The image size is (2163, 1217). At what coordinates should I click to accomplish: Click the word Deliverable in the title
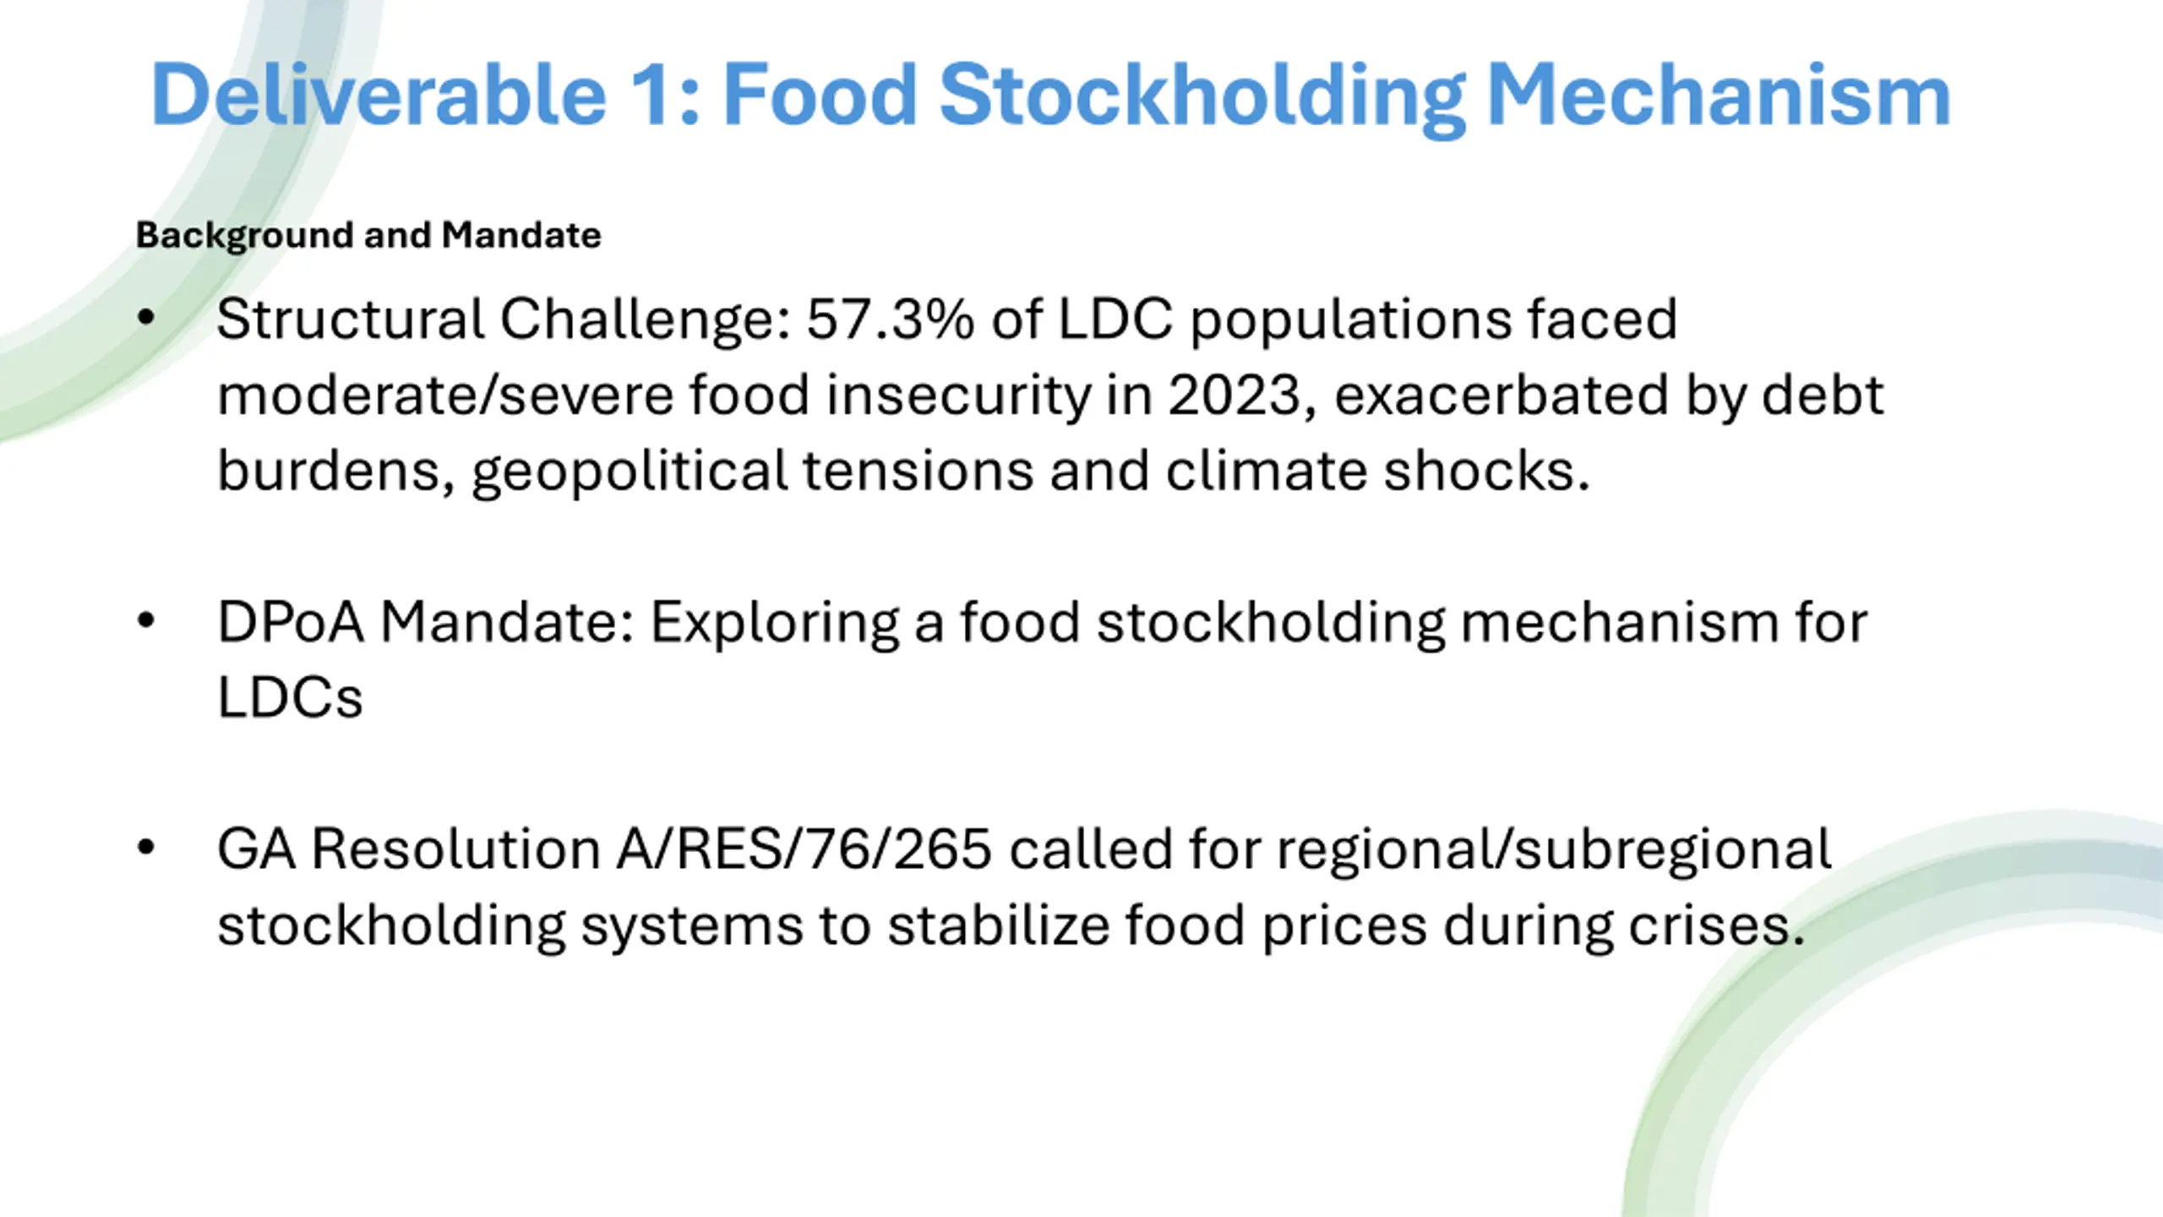pyautogui.click(x=379, y=95)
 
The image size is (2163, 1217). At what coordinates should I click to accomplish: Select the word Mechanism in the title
pyautogui.click(x=1718, y=95)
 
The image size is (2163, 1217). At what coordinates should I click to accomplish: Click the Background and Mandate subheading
pyautogui.click(x=368, y=235)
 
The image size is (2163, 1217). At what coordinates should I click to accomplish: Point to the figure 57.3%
pyautogui.click(x=891, y=319)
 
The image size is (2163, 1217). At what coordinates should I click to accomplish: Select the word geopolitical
pyautogui.click(x=629, y=472)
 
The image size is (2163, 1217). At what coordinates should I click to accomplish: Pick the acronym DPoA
pyautogui.click(x=291, y=622)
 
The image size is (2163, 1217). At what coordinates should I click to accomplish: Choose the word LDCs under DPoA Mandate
pyautogui.click(x=290, y=697)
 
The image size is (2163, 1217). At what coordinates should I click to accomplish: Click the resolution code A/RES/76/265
pyautogui.click(x=804, y=849)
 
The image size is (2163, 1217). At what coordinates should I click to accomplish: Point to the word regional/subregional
pyautogui.click(x=1554, y=850)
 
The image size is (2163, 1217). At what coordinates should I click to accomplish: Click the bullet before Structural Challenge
pyautogui.click(x=146, y=319)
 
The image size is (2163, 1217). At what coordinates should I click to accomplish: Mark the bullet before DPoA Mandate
pyautogui.click(x=146, y=621)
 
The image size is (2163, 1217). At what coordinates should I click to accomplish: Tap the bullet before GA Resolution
pyautogui.click(x=146, y=848)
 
